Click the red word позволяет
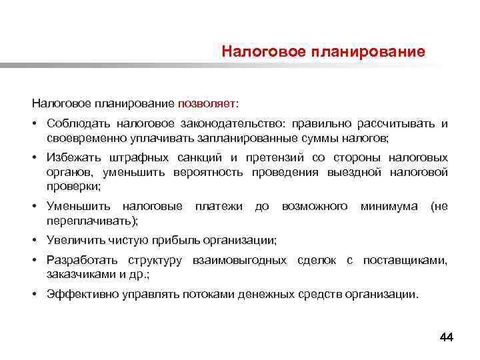click(x=206, y=104)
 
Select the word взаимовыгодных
click(x=239, y=260)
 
